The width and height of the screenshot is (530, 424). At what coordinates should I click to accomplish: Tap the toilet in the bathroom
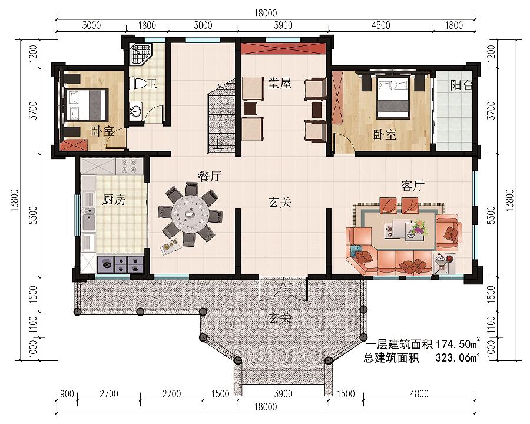[x=138, y=83]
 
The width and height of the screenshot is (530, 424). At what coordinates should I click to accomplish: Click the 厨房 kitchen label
[x=114, y=200]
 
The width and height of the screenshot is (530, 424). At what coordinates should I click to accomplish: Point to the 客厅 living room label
[x=412, y=185]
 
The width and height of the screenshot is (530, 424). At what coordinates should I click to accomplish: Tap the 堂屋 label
[x=280, y=83]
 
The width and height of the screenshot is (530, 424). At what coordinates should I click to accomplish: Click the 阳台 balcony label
[x=461, y=85]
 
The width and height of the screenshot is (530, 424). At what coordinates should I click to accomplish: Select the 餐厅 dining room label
[x=210, y=176]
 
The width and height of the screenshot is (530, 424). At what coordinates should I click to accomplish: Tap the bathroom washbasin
[x=136, y=111]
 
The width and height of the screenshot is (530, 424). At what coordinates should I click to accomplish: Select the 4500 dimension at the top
[x=380, y=25]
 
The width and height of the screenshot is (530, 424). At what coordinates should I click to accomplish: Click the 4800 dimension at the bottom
[x=419, y=394]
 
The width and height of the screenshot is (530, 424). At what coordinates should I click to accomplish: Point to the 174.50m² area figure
[x=458, y=344]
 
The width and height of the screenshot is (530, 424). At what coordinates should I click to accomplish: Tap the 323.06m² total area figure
[x=458, y=357]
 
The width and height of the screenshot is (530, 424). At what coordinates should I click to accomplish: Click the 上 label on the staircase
[x=220, y=144]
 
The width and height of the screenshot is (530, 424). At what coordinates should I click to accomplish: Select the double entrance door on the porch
[x=283, y=289]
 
